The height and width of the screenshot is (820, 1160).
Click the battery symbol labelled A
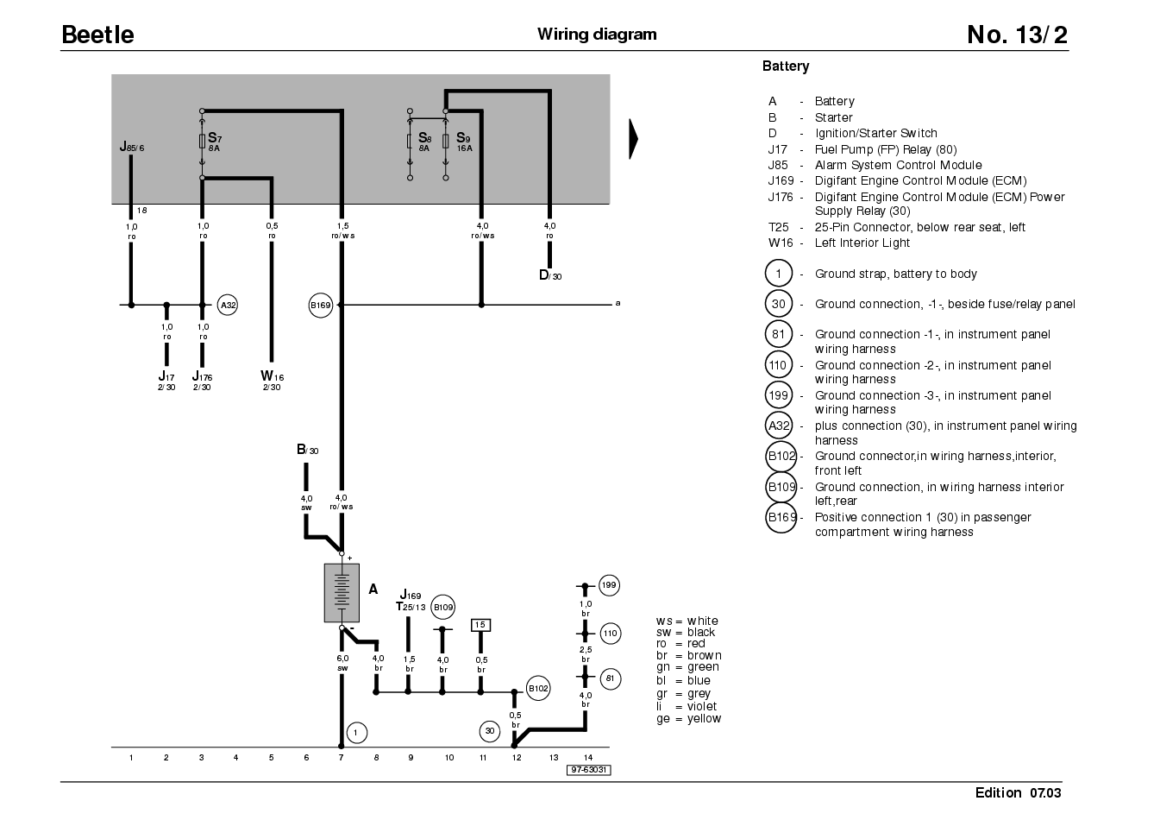click(x=342, y=592)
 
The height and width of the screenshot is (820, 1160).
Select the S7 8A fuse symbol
click(x=202, y=141)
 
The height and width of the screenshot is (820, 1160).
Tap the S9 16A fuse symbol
click(x=445, y=141)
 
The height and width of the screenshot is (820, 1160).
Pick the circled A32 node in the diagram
click(x=228, y=305)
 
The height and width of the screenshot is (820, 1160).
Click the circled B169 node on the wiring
click(x=321, y=306)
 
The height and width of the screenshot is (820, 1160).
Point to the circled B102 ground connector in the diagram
click(x=538, y=688)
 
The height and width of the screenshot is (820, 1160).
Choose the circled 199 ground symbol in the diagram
click(x=610, y=585)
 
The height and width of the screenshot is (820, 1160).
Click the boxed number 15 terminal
click(x=480, y=625)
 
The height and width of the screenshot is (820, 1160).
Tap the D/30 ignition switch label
click(x=550, y=275)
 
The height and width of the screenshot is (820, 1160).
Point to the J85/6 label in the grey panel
click(x=132, y=147)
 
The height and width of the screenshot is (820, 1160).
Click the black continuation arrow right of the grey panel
click(x=633, y=139)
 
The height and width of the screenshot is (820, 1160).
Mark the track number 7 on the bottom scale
click(x=341, y=758)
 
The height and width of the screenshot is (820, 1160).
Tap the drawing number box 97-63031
click(x=589, y=770)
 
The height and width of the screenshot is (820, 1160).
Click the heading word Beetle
click(x=97, y=35)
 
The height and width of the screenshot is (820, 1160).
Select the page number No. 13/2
click(x=1017, y=35)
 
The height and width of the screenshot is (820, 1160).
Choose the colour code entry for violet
click(x=687, y=706)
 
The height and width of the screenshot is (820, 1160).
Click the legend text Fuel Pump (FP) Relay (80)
click(x=886, y=149)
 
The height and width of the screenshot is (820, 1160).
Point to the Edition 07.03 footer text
click(x=1018, y=792)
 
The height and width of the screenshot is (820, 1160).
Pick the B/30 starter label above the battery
click(x=308, y=450)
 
